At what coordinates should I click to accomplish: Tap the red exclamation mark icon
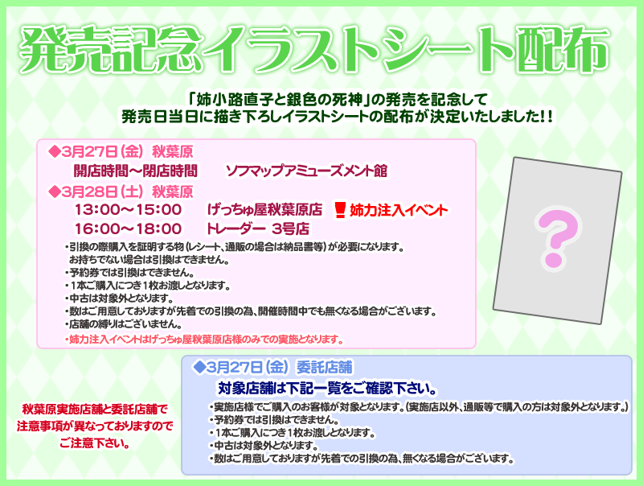[339, 210]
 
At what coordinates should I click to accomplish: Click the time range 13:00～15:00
[128, 210]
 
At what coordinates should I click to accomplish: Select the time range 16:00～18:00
[128, 229]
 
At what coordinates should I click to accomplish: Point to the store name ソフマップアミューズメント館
[307, 171]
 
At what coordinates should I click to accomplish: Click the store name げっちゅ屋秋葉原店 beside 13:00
[265, 210]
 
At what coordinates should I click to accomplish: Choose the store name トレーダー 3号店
[258, 229]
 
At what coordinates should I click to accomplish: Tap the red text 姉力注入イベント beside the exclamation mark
[398, 210]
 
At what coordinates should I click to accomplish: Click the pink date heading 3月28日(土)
[102, 192]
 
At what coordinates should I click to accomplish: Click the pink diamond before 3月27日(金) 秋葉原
[54, 151]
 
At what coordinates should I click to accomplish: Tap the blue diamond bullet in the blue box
[199, 367]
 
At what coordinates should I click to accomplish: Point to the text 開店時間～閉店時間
[136, 171]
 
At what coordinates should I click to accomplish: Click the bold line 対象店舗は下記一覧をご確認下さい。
[327, 389]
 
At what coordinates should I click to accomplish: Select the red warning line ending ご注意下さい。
[95, 443]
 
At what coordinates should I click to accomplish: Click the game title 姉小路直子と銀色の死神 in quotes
[280, 99]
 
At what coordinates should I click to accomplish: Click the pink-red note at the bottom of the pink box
[204, 340]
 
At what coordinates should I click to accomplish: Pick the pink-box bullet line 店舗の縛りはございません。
[124, 323]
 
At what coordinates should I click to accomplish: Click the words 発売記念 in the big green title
[112, 50]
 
